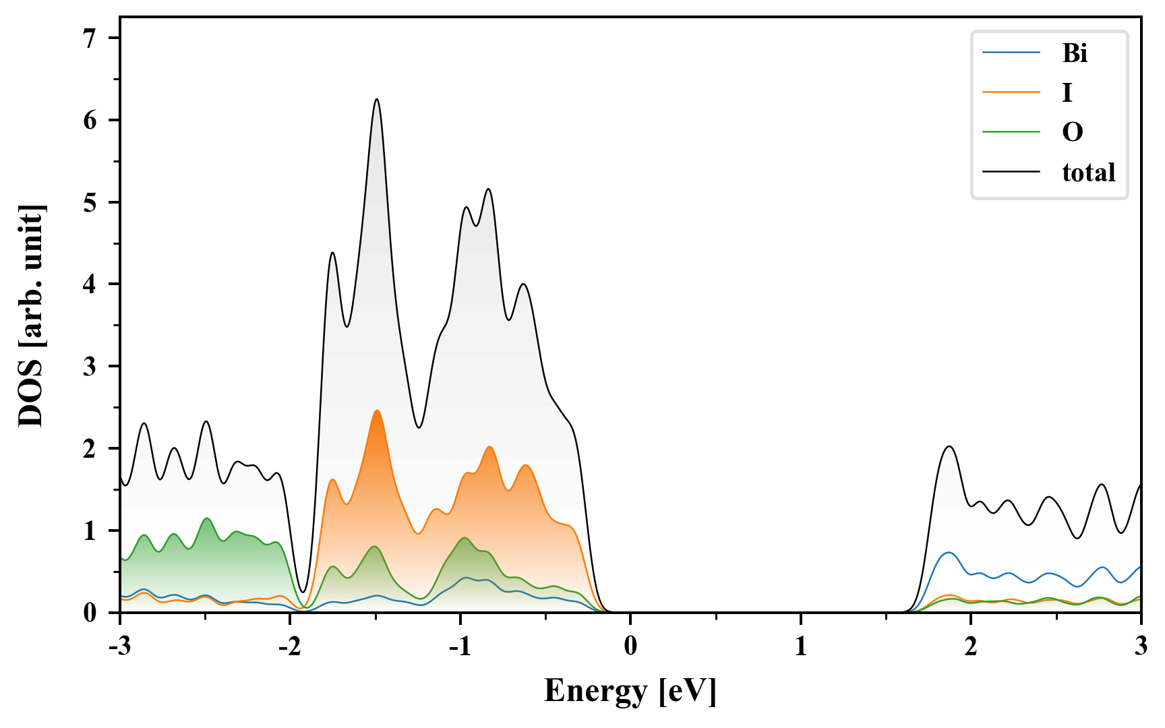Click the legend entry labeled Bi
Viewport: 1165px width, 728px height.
coord(1075,53)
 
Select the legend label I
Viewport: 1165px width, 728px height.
coord(1067,92)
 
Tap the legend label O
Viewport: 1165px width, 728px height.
coord(1072,132)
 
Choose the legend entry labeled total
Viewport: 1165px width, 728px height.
coord(1088,173)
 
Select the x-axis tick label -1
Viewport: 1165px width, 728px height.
coord(460,646)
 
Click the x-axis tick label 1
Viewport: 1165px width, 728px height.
coord(800,646)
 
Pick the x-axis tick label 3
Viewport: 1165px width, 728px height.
coord(1141,646)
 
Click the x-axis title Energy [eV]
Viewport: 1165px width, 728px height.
coord(630,691)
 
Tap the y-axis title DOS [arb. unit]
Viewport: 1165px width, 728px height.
coord(31,315)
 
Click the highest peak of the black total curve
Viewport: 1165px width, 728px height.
coord(377,99)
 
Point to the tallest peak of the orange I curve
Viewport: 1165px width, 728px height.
coord(377,411)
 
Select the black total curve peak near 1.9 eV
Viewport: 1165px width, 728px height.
coord(949,446)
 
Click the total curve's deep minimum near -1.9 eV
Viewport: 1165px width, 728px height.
coord(303,593)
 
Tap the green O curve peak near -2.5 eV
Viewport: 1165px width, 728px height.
coord(206,518)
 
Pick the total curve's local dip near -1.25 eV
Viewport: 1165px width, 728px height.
coord(419,427)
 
